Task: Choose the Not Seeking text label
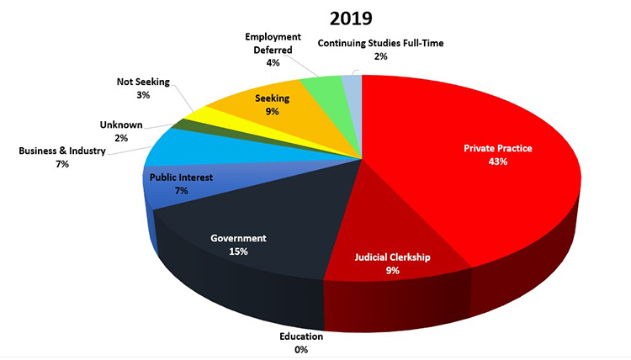(x=143, y=82)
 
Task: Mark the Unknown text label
(x=120, y=125)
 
